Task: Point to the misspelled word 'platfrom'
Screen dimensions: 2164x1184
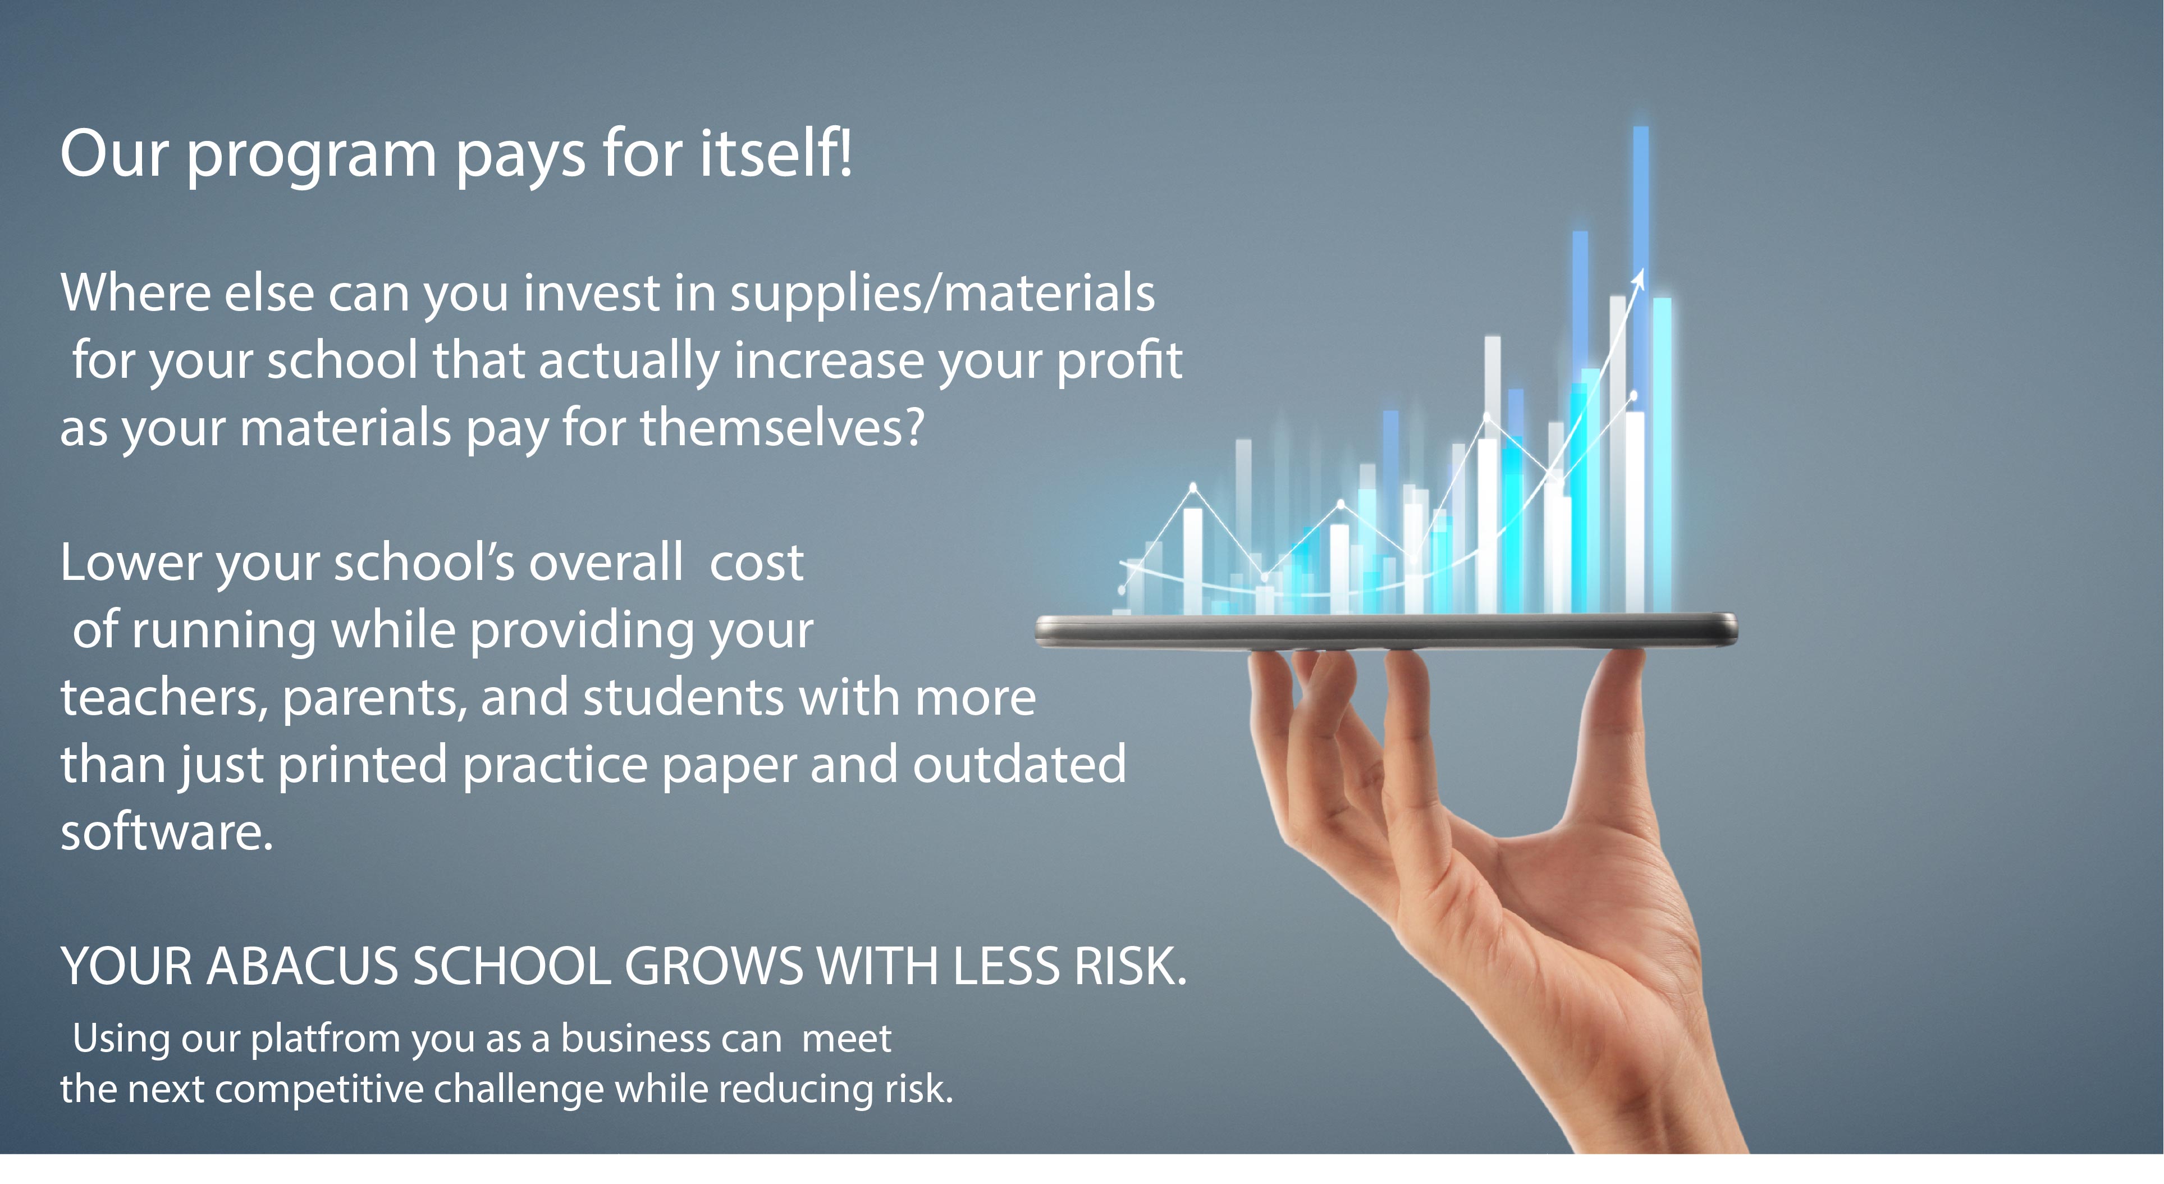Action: pyautogui.click(x=325, y=1040)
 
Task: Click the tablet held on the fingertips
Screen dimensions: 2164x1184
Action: pyautogui.click(x=1386, y=630)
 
